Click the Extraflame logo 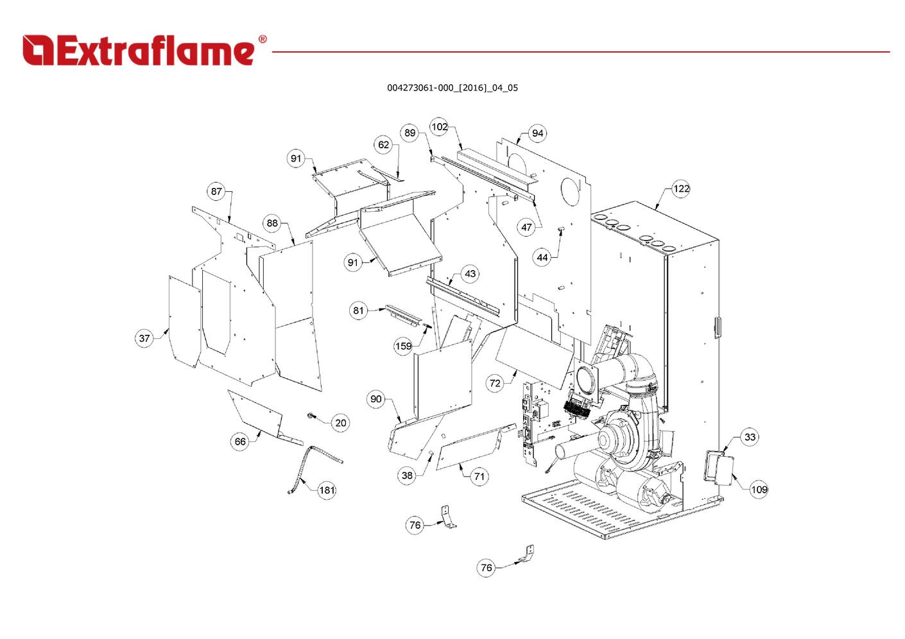(144, 50)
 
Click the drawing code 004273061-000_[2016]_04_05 (452, 88)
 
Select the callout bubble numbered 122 (681, 189)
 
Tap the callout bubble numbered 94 (537, 133)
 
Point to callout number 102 (440, 127)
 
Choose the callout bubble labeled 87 (216, 191)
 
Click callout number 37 (144, 338)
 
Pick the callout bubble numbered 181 (327, 490)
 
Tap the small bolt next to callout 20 (311, 415)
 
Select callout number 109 (759, 490)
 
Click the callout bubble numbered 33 (750, 437)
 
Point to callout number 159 (403, 346)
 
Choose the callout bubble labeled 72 (495, 383)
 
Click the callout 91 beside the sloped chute (353, 262)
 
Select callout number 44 (542, 258)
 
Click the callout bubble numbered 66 (240, 441)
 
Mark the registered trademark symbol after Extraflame (263, 39)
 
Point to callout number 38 (407, 475)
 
